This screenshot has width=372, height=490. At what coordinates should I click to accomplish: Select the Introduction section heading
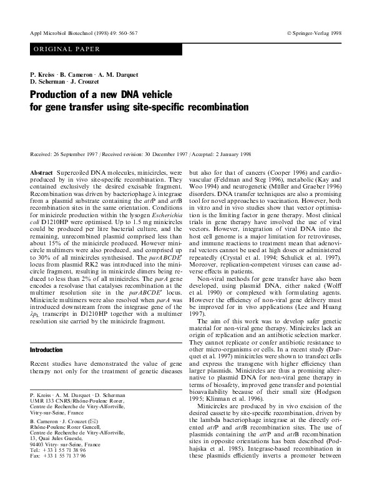pyautogui.click(x=47, y=350)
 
